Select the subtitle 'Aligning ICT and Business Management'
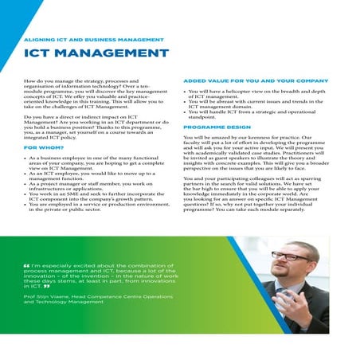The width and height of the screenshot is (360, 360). [x=94, y=38]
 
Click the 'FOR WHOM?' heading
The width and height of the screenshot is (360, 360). [x=45, y=148]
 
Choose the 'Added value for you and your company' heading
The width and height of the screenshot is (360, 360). [x=255, y=80]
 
